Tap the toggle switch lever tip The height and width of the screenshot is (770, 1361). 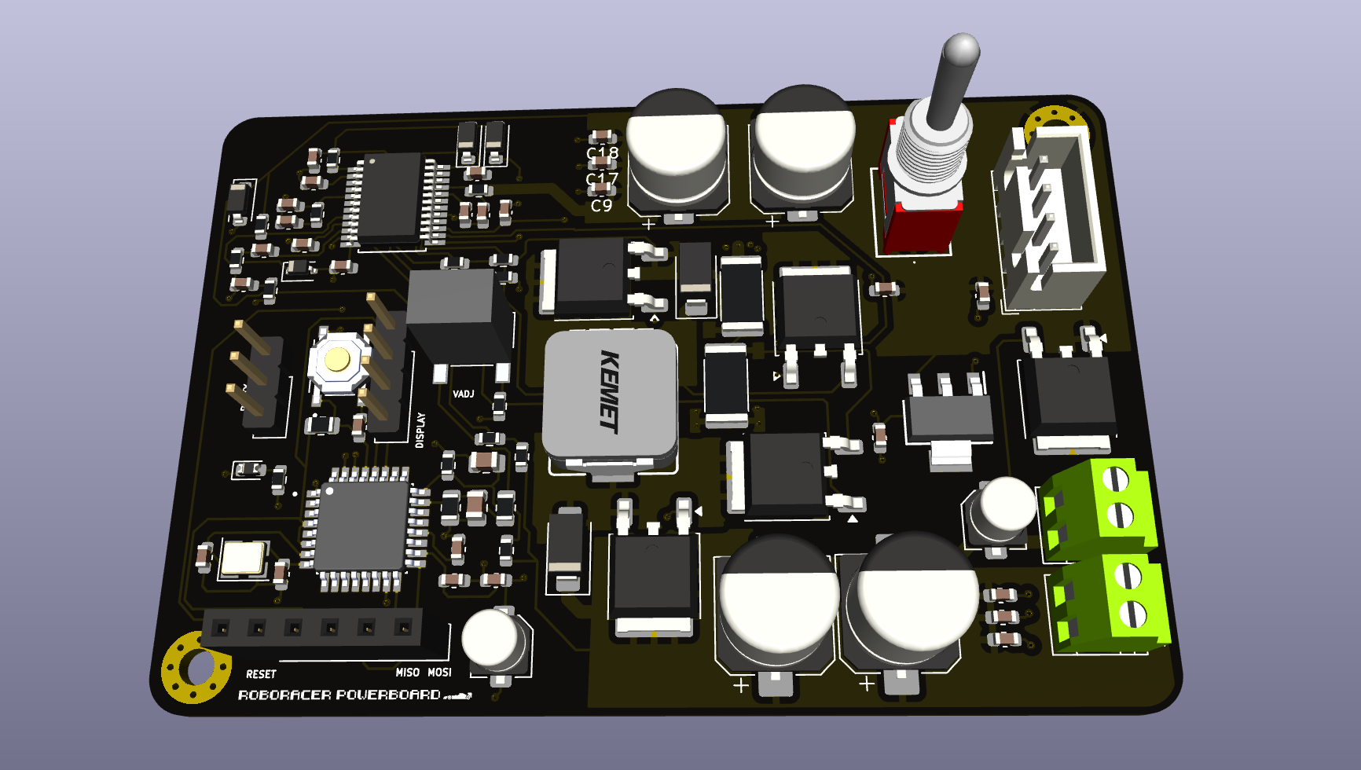click(960, 49)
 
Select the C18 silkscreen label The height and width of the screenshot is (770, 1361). click(603, 152)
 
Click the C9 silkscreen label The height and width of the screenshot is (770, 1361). click(601, 206)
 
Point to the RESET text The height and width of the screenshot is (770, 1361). click(261, 674)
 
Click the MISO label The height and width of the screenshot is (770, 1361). click(407, 673)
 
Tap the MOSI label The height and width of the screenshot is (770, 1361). click(439, 673)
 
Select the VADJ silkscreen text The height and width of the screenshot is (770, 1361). click(464, 394)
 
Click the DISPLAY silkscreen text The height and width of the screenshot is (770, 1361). click(420, 430)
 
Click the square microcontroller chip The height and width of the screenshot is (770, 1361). click(362, 524)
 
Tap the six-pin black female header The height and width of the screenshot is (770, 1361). click(312, 628)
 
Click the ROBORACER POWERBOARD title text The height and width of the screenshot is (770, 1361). click(339, 695)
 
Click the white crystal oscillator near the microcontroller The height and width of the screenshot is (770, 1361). click(243, 558)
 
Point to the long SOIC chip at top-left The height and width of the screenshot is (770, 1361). click(391, 197)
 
